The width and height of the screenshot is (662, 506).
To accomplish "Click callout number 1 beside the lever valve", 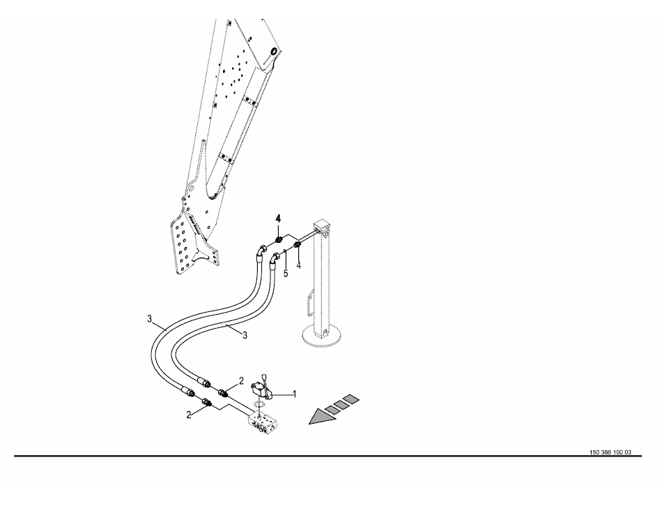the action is coord(294,394).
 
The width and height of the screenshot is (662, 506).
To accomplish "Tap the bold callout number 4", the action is coord(278,218).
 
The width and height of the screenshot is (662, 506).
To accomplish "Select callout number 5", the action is coord(286,274).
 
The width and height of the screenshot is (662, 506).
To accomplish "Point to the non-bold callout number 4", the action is coord(299,265).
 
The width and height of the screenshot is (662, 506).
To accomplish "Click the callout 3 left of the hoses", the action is coord(149,318).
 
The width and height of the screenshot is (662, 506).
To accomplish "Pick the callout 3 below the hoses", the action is coord(245,335).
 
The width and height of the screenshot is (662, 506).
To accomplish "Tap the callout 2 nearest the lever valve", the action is coord(241,381).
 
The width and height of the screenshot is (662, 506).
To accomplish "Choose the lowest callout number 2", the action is coord(189,415).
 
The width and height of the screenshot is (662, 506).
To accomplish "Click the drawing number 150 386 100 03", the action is coord(610,452).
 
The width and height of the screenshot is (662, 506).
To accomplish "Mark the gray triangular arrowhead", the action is coord(323,417).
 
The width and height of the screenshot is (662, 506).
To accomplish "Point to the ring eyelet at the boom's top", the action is coord(275,51).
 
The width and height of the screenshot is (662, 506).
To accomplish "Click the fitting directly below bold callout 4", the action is coord(279,241).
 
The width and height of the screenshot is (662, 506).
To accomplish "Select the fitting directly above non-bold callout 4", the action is coord(298,245).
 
